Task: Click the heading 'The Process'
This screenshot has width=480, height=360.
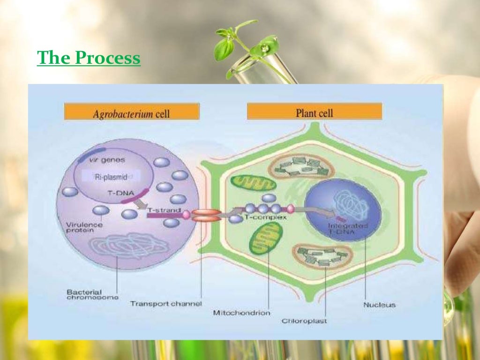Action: coord(89,59)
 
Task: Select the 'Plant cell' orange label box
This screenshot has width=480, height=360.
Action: coord(314,112)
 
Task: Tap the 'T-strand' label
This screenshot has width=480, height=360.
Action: coord(164,211)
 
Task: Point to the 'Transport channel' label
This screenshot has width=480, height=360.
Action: coord(166,304)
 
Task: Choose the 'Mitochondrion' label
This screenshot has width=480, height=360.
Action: coord(242,313)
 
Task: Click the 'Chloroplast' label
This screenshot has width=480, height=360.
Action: coord(304,321)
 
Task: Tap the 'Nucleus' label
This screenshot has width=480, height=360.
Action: coord(380,305)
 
